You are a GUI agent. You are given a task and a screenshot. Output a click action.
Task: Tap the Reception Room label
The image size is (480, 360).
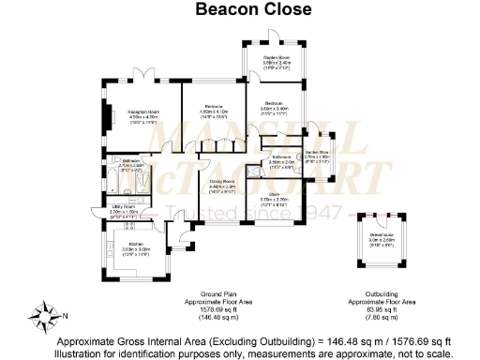(145, 111)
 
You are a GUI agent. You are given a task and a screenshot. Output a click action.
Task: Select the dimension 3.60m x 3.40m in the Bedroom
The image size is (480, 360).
(274, 108)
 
